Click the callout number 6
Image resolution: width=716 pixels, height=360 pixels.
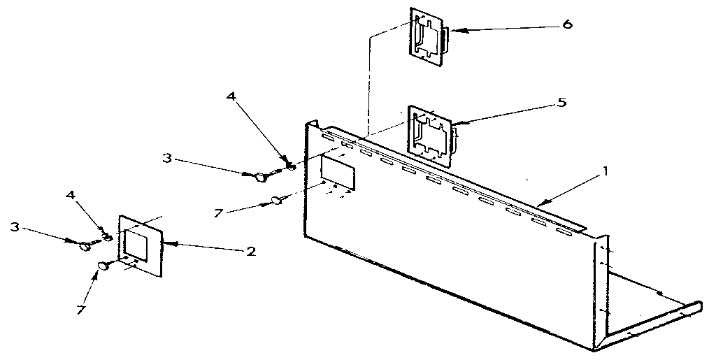[x=566, y=24]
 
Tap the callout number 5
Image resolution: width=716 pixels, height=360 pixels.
[x=561, y=102]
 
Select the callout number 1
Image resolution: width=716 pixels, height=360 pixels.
[x=606, y=171]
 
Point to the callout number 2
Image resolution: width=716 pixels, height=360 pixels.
[x=251, y=252]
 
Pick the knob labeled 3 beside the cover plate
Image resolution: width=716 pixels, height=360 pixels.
[x=85, y=246]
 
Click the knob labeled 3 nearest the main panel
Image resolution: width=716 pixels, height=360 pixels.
[x=261, y=178]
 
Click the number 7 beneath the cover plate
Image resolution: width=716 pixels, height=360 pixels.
[x=81, y=310]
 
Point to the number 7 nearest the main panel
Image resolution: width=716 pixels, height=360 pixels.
[x=219, y=213]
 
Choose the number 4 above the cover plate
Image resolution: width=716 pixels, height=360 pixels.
[x=70, y=195]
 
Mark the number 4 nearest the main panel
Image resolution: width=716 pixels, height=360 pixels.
[x=231, y=96]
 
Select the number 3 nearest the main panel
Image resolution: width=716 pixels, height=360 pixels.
[x=166, y=159]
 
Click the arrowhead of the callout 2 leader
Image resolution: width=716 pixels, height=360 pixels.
[x=171, y=244]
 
